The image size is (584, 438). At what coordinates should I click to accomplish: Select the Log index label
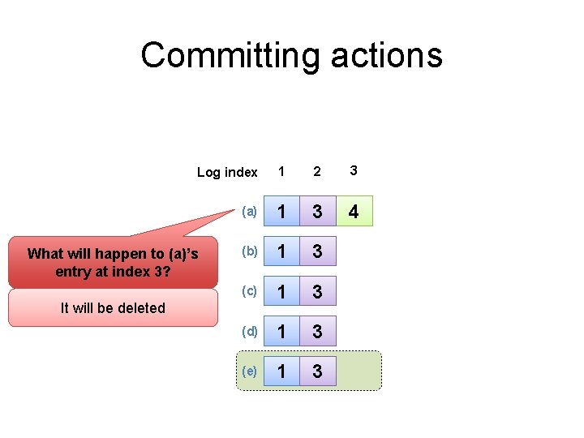(227, 172)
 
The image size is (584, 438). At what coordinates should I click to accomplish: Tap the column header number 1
(281, 171)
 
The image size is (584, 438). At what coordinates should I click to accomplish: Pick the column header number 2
(317, 171)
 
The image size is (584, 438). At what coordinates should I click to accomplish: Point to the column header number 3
(353, 170)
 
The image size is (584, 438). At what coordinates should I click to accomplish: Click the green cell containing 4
(354, 212)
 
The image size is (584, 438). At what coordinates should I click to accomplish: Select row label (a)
(249, 212)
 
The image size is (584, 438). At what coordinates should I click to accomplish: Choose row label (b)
(249, 251)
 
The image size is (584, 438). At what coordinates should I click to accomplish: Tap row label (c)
(249, 291)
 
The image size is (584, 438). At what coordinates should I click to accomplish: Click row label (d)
(249, 331)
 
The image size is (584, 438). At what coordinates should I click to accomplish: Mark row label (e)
(249, 371)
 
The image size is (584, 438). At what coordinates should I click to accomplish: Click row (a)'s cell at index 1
(281, 212)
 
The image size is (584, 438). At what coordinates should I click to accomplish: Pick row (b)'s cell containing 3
(317, 251)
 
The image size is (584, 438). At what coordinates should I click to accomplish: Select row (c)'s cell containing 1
(281, 291)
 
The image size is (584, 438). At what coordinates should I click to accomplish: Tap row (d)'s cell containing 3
(317, 331)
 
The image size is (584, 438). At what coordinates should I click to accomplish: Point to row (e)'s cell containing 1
(281, 371)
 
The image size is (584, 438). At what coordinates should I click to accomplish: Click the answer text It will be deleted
(114, 308)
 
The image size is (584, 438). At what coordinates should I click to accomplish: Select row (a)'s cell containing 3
(317, 212)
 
